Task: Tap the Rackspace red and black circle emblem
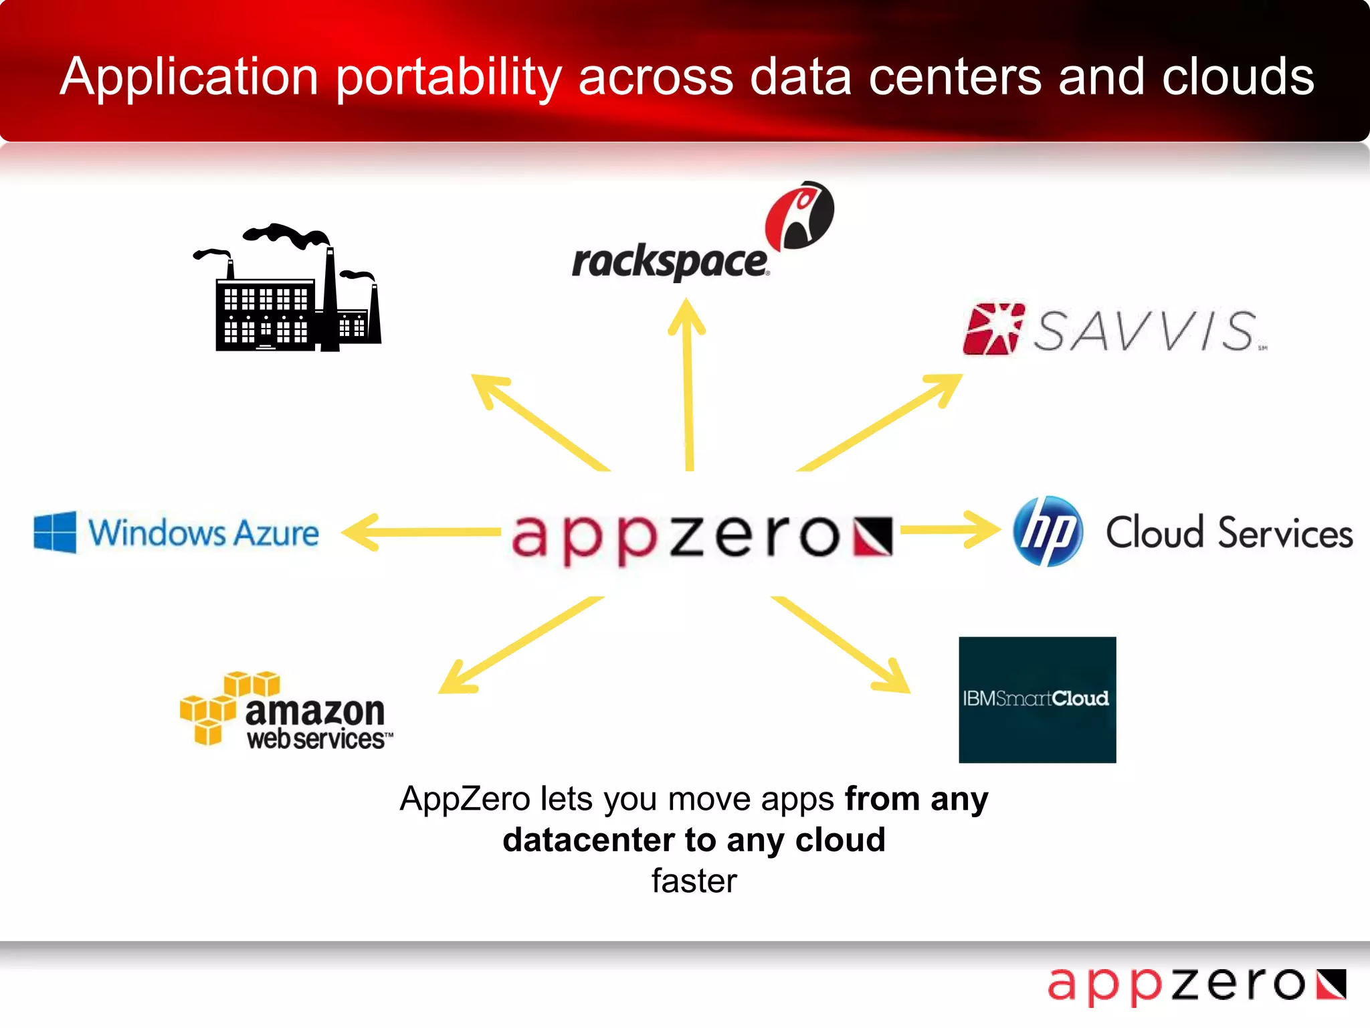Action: tap(799, 216)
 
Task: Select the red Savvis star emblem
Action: tap(993, 329)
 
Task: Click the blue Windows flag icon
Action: tap(55, 532)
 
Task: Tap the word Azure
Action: tap(276, 533)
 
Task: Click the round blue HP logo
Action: tap(1047, 531)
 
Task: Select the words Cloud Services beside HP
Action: tap(1229, 533)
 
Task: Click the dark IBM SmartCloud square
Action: tap(1037, 699)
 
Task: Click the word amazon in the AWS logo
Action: tap(315, 710)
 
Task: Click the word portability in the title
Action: tap(448, 78)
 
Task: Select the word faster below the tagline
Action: tap(694, 881)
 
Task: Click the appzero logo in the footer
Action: tap(1196, 985)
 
